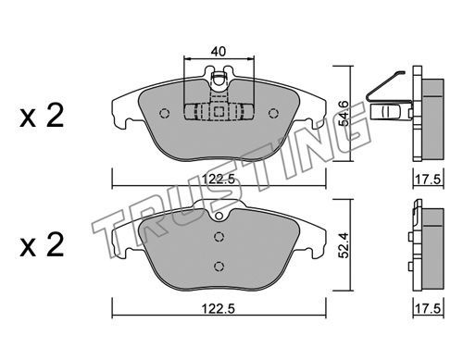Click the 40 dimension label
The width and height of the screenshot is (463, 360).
tap(219, 51)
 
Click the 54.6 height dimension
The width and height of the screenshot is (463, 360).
tap(344, 113)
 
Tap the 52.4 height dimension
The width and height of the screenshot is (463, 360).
tap(344, 245)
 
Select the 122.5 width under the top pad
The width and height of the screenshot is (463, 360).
tap(219, 179)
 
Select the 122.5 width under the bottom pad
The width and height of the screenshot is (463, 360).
tap(219, 308)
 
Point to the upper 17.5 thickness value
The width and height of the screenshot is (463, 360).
tap(428, 180)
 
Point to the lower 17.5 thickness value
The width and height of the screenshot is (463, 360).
tap(428, 308)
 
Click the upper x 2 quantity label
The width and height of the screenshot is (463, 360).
tap(42, 116)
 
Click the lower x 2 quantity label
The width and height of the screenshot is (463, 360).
tap(42, 245)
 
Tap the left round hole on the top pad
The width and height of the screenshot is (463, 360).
tap(165, 114)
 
